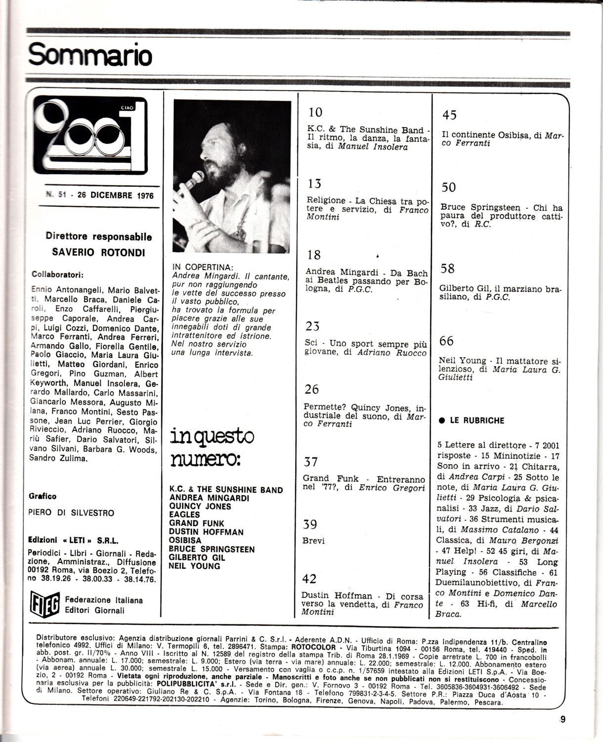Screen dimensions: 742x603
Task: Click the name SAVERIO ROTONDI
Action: (x=99, y=252)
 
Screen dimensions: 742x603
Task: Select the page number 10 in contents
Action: (x=315, y=113)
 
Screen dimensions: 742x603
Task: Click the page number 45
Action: (x=449, y=115)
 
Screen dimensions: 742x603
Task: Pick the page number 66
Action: (x=446, y=341)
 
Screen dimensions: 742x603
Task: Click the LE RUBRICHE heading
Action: (x=477, y=420)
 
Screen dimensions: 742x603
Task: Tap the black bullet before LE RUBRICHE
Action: (x=442, y=420)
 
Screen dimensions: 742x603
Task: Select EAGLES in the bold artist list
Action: (x=185, y=514)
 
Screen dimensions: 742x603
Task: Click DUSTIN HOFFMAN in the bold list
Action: (x=206, y=532)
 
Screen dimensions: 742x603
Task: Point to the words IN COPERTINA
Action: (x=203, y=268)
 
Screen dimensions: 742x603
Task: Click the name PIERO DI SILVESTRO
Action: (x=72, y=513)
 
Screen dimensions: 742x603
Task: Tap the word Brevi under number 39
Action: (x=313, y=541)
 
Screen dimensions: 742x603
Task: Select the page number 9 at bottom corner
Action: (x=562, y=720)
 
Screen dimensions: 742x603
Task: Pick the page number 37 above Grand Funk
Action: (x=310, y=462)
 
